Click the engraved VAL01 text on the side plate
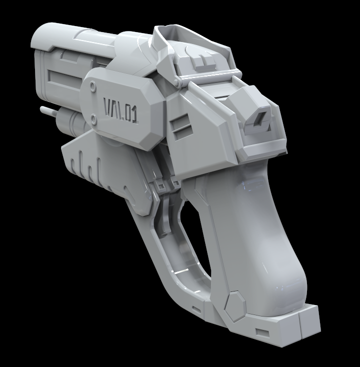[120, 109]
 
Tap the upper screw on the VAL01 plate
[92, 86]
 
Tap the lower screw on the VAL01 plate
[94, 118]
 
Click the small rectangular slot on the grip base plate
[261, 332]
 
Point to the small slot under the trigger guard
[196, 309]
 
